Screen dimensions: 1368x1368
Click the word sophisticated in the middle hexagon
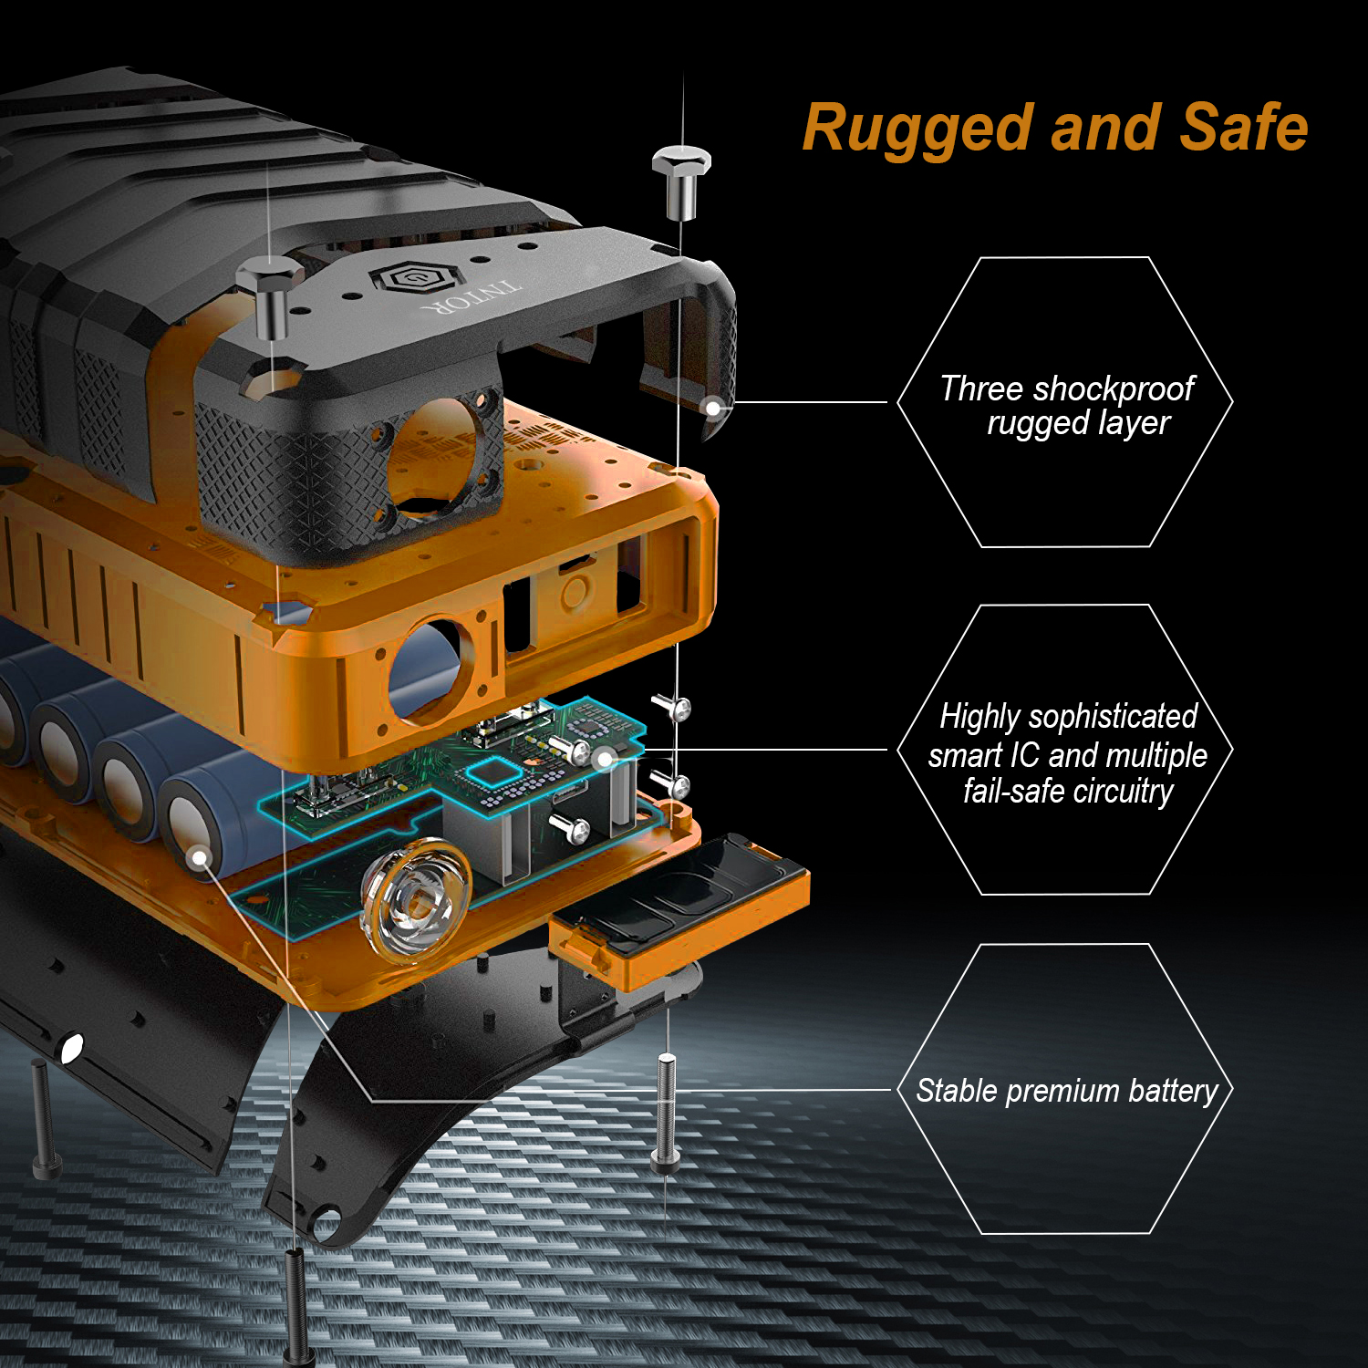click(x=1113, y=717)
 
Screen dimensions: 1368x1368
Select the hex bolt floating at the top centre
click(x=680, y=181)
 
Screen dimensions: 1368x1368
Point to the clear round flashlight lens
click(x=416, y=901)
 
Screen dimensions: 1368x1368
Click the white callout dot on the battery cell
click(x=200, y=857)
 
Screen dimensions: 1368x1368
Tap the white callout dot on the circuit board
click(x=603, y=758)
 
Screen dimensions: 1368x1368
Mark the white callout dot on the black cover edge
click(x=713, y=407)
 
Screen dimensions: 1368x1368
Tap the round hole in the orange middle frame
click(x=425, y=670)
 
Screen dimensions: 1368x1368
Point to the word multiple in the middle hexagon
click(x=1156, y=756)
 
